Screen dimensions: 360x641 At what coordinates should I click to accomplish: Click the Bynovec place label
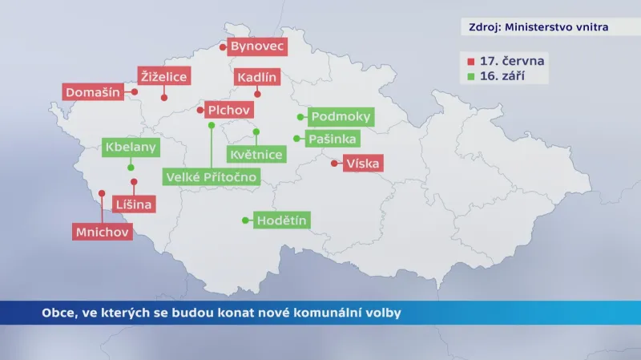[x=257, y=47]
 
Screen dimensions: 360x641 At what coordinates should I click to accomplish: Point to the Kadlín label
[x=256, y=78]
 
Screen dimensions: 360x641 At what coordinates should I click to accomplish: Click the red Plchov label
[x=228, y=110]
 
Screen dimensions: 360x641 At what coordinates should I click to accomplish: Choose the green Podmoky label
[x=341, y=117]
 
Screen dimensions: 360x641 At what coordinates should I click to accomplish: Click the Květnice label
[x=256, y=154]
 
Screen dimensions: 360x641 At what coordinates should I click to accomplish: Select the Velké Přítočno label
[x=212, y=176]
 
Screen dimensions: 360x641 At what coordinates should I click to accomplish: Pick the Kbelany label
[x=131, y=148]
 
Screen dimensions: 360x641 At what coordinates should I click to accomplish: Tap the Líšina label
[x=134, y=204]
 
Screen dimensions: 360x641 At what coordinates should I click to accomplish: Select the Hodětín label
[x=281, y=220]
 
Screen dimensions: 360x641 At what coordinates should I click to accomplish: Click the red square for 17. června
[x=470, y=62]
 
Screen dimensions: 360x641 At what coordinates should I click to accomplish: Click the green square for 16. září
[x=470, y=77]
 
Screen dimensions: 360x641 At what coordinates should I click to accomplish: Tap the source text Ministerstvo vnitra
[x=555, y=27]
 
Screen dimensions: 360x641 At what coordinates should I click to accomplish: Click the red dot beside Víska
[x=333, y=164]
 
